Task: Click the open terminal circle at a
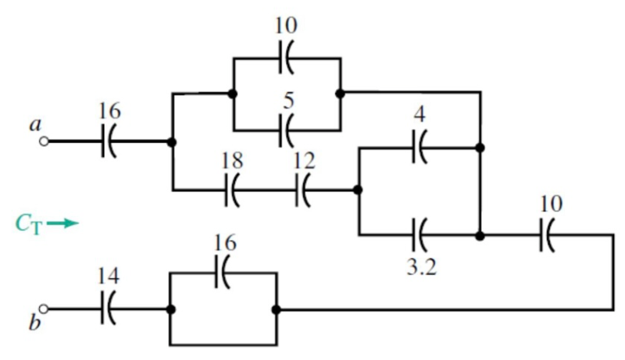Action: point(44,141)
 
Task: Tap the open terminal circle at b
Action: point(44,309)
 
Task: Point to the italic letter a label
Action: point(35,125)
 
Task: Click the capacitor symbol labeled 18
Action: point(232,191)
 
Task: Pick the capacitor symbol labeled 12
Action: point(303,191)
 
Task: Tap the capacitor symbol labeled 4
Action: point(420,148)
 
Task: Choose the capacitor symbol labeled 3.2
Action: point(420,235)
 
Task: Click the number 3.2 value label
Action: point(422,267)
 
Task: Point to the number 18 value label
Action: point(232,161)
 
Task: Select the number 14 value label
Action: point(109,276)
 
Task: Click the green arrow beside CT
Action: point(62,223)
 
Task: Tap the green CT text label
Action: point(28,224)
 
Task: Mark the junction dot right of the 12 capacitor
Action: point(358,190)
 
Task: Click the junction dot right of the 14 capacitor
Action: point(171,309)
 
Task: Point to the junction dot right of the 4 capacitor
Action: point(480,148)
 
